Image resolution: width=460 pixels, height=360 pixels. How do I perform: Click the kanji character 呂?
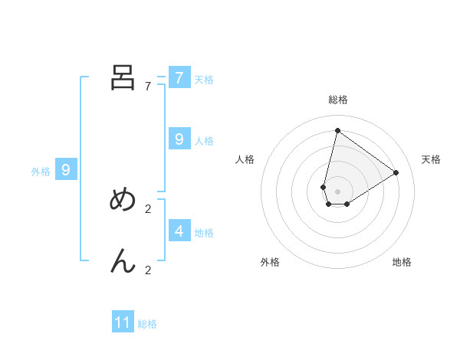pos(123,77)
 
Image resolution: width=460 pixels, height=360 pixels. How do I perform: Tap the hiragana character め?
pos(123,199)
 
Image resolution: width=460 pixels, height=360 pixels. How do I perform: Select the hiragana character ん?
pos(123,262)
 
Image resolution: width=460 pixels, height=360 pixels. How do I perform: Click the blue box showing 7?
pos(179,78)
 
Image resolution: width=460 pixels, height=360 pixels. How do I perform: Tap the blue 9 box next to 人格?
pos(179,139)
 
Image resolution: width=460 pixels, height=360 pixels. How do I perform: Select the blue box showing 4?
pos(179,230)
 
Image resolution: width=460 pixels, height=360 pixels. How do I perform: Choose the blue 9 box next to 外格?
pos(66,170)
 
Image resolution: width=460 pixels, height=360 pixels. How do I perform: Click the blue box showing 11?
pos(123,322)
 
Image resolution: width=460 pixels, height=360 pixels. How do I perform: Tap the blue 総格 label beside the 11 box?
pos(147,324)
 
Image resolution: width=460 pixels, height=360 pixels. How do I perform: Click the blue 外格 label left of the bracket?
pos(41,172)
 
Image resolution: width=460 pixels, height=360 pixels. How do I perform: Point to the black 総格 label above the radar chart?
pos(337,100)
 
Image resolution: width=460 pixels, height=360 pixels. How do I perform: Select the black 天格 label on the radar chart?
pos(431,159)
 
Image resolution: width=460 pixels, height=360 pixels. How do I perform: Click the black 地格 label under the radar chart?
pos(402,263)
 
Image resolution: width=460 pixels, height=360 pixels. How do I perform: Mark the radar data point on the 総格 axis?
pos(337,130)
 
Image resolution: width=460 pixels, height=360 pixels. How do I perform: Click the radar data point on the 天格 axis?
pos(396,172)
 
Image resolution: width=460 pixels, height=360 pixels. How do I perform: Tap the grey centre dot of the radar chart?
pos(337,191)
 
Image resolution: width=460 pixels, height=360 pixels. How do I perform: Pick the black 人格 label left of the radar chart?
pos(245,159)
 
